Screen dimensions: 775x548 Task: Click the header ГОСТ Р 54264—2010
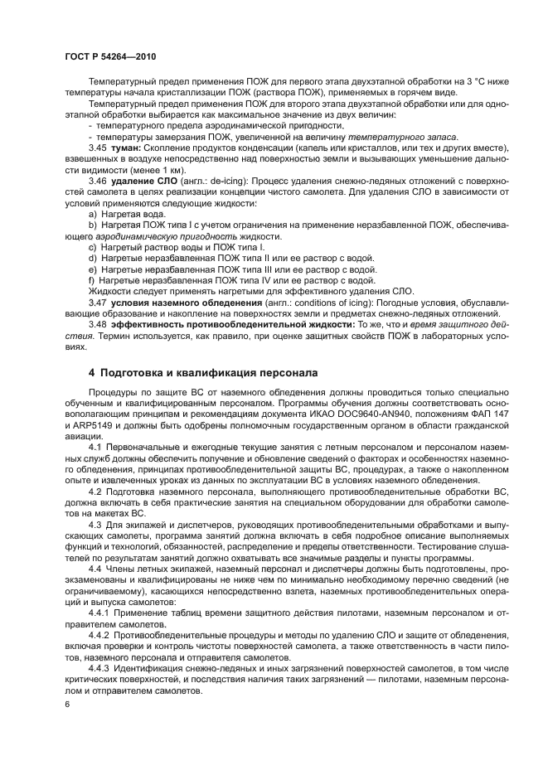pos(110,56)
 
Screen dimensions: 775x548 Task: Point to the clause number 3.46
pos(99,179)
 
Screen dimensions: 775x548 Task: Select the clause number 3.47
pos(99,303)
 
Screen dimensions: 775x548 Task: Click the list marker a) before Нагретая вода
pos(92,214)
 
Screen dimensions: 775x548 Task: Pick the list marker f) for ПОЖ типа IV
pos(91,281)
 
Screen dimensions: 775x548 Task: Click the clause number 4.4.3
pos(102,666)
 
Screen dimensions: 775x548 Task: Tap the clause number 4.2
pos(95,492)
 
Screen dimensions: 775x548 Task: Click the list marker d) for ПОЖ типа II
pos(92,259)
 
